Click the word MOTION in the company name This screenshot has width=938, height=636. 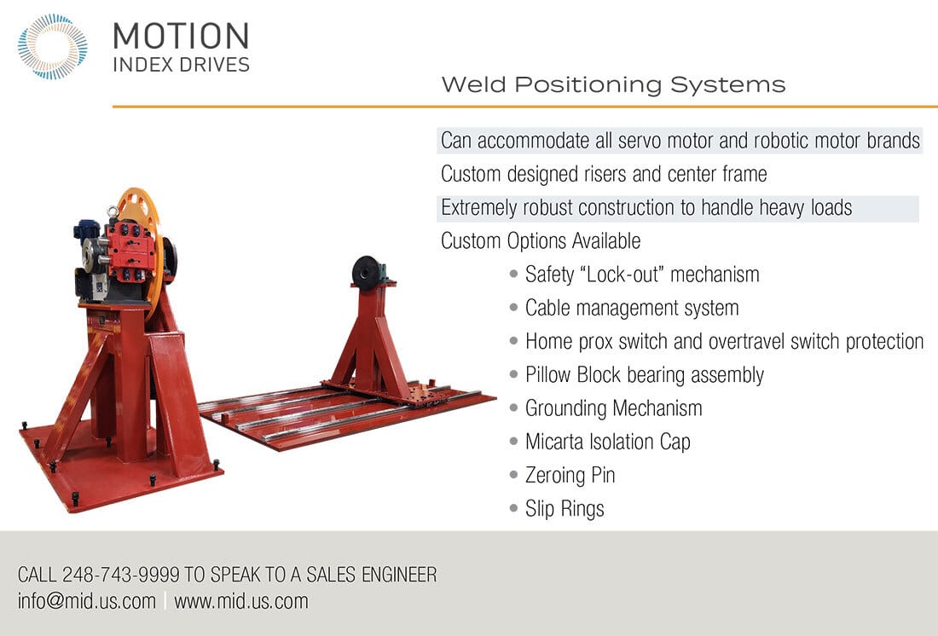coord(181,37)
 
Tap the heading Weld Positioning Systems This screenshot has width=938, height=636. coord(613,85)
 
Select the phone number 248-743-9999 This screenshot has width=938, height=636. coord(121,575)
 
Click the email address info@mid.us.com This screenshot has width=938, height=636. coord(87,601)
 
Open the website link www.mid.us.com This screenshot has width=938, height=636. coord(241,601)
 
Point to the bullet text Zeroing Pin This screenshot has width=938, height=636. coord(570,475)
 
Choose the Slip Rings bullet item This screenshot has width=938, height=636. coord(565,509)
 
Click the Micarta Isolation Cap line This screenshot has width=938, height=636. coord(608,442)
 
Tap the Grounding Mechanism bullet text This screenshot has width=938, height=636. coord(614,408)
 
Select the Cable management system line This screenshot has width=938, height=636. coord(632,308)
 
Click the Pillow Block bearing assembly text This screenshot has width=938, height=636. coord(645,374)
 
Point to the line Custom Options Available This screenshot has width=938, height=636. coord(541,241)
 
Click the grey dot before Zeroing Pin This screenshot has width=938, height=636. coord(513,475)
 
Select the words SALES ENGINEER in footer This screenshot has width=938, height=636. coord(372,575)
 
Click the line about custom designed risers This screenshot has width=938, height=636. coord(604,174)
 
